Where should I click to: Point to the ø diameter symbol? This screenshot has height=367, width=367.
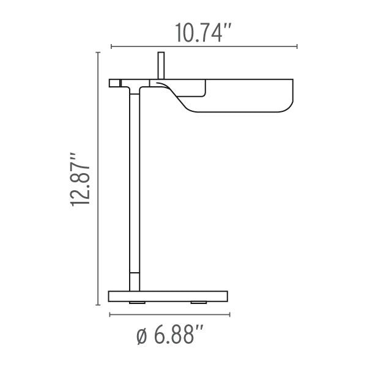coord(141,336)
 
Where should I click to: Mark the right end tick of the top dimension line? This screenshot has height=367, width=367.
coord(297,46)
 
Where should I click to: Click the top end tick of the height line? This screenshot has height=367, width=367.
coord(98,53)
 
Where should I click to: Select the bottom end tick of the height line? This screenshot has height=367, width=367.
coord(98,305)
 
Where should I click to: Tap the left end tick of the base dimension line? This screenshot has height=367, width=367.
coord(109,315)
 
